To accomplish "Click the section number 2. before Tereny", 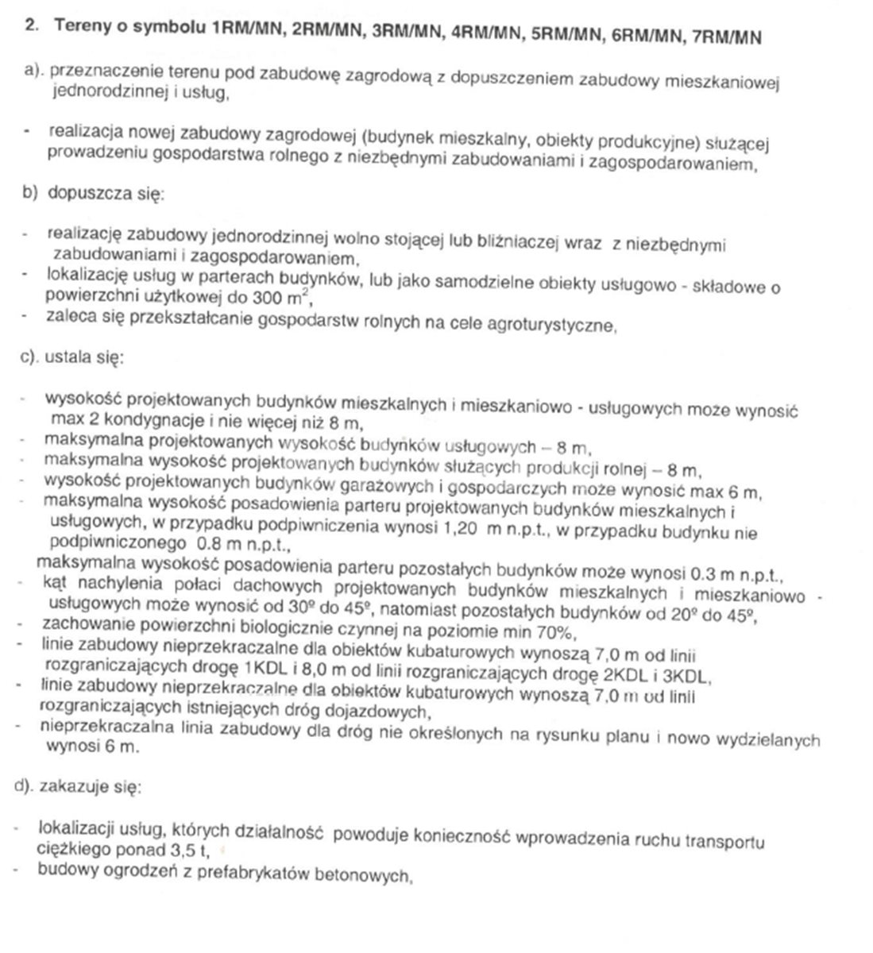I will point(32,25).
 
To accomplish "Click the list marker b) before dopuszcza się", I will point(30,192).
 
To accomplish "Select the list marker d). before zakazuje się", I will point(29,786).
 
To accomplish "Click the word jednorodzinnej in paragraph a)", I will point(99,92).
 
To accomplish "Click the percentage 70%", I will point(554,632).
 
